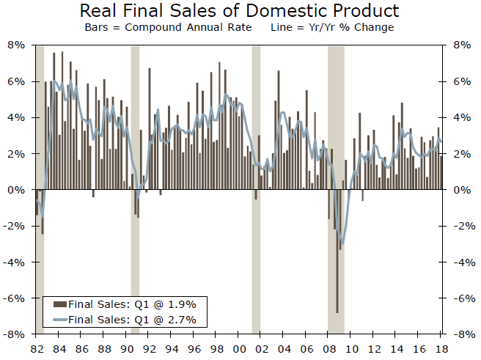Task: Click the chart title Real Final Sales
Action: [x=239, y=11]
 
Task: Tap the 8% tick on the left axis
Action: [x=16, y=45]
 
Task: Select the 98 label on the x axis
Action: [x=218, y=348]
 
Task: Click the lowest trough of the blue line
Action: [x=342, y=243]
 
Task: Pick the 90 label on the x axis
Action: [x=128, y=348]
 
